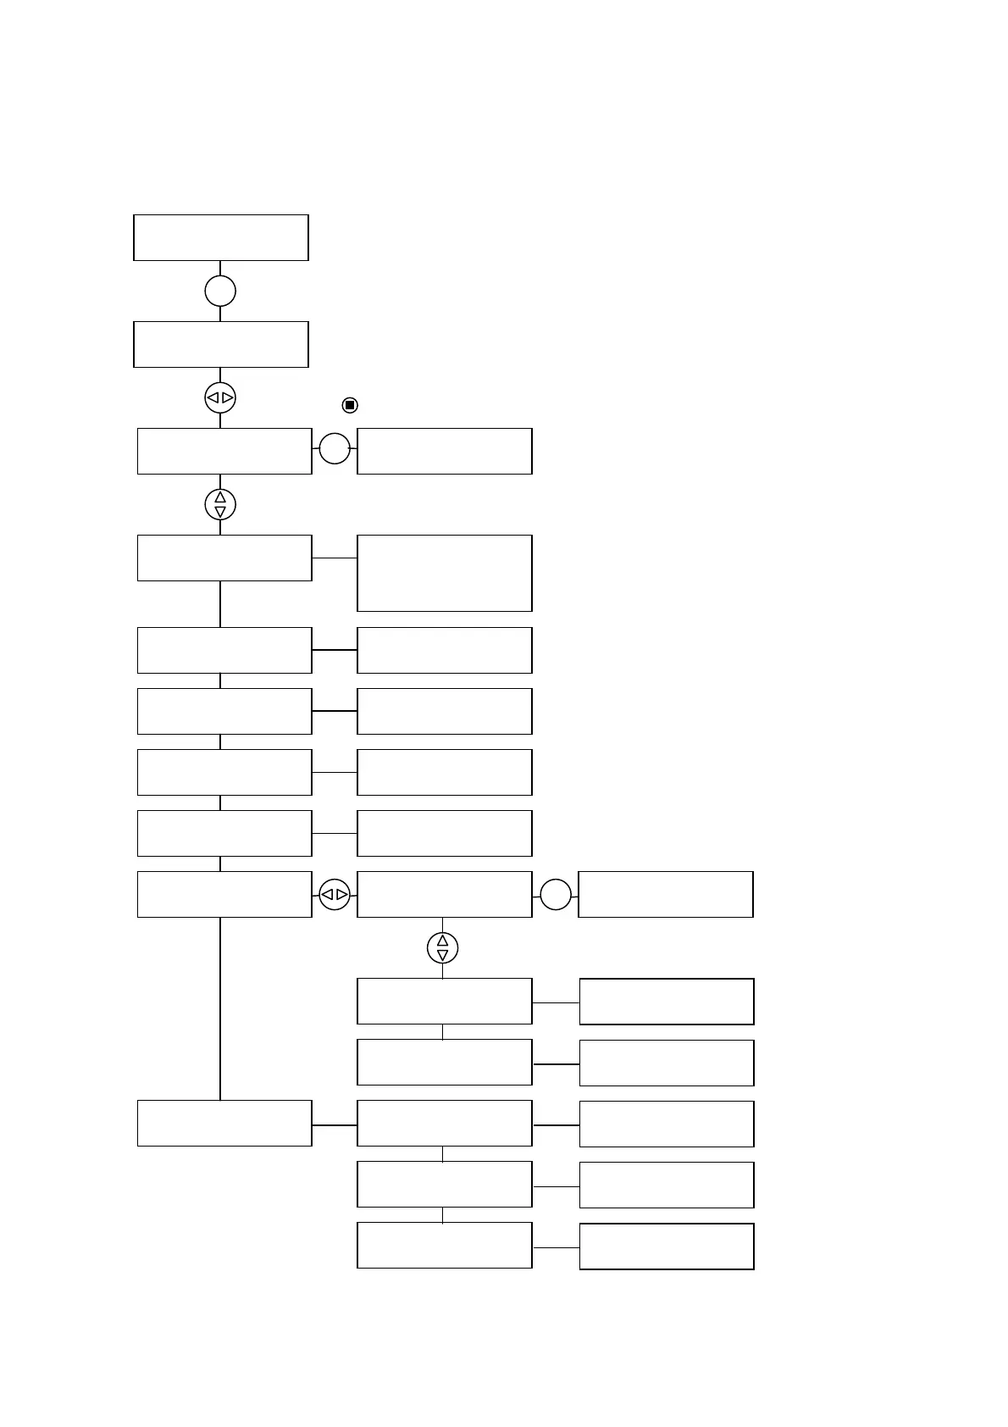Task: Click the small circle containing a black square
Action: coord(349,405)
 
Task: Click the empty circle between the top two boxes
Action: coord(220,291)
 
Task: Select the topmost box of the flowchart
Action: coord(221,237)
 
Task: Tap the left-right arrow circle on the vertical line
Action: coord(220,397)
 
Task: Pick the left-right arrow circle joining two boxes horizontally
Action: coord(335,894)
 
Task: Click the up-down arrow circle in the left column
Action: coord(220,504)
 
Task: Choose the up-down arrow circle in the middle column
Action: coord(442,948)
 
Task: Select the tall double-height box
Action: coord(445,573)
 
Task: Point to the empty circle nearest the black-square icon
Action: coord(335,448)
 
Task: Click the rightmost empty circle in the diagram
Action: coord(556,894)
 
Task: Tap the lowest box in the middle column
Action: coord(445,1245)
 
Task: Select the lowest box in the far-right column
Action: coord(667,1246)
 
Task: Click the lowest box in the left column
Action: coord(224,1124)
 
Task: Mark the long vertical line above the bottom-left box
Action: coord(220,1008)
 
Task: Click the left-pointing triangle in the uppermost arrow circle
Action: coord(213,397)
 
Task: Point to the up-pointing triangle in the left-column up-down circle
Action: coord(220,497)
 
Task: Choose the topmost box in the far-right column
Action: coord(666,894)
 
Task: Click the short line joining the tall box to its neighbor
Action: coord(335,558)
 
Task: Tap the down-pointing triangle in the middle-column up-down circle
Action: coord(442,955)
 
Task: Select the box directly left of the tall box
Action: coord(224,558)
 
